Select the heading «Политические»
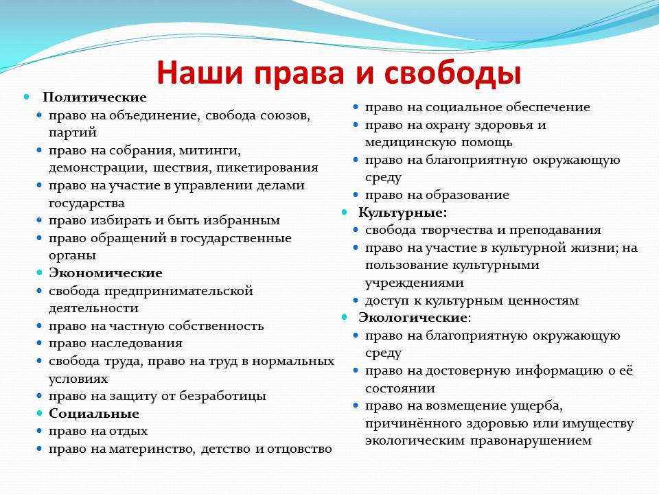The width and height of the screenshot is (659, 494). click(95, 97)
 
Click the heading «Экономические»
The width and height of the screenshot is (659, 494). click(106, 272)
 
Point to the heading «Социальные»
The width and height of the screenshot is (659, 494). click(94, 413)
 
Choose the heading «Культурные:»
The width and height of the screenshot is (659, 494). click(403, 213)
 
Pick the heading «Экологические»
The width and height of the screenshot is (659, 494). click(413, 317)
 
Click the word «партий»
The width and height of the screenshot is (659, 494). click(73, 132)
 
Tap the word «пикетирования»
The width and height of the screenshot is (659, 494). click(267, 167)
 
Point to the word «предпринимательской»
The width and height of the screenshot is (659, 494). click(178, 291)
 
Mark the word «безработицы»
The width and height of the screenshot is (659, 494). click(222, 396)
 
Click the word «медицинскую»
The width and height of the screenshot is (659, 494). click(411, 143)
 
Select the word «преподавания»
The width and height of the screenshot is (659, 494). click(555, 231)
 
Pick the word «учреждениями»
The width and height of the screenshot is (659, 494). click(415, 283)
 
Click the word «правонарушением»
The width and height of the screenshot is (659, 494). click(531, 441)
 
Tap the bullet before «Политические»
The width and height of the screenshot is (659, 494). click(27, 97)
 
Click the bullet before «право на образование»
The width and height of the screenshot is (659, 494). click(356, 195)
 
